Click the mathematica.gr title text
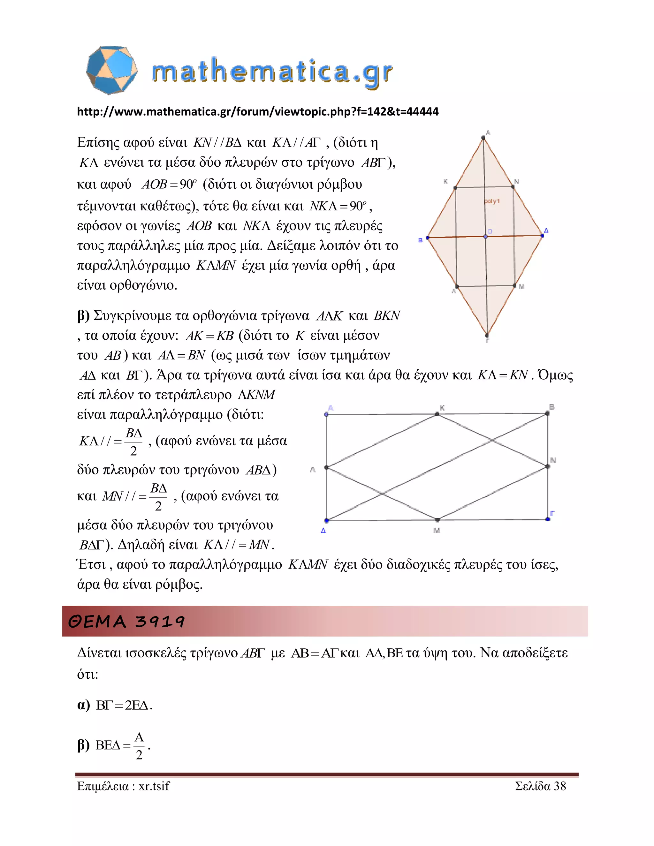pos(272,72)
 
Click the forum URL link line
pos(258,111)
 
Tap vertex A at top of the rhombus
pos(483,138)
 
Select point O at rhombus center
pos(485,237)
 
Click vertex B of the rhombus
pos(428,238)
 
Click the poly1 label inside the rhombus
pos(492,201)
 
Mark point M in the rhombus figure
pos(515,285)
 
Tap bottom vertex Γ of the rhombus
pos(487,335)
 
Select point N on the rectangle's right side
pos(547,466)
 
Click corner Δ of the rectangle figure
pos(327,521)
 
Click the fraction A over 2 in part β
pos(139,746)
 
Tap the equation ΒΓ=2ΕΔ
pos(124,706)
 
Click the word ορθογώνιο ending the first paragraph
pos(143,285)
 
